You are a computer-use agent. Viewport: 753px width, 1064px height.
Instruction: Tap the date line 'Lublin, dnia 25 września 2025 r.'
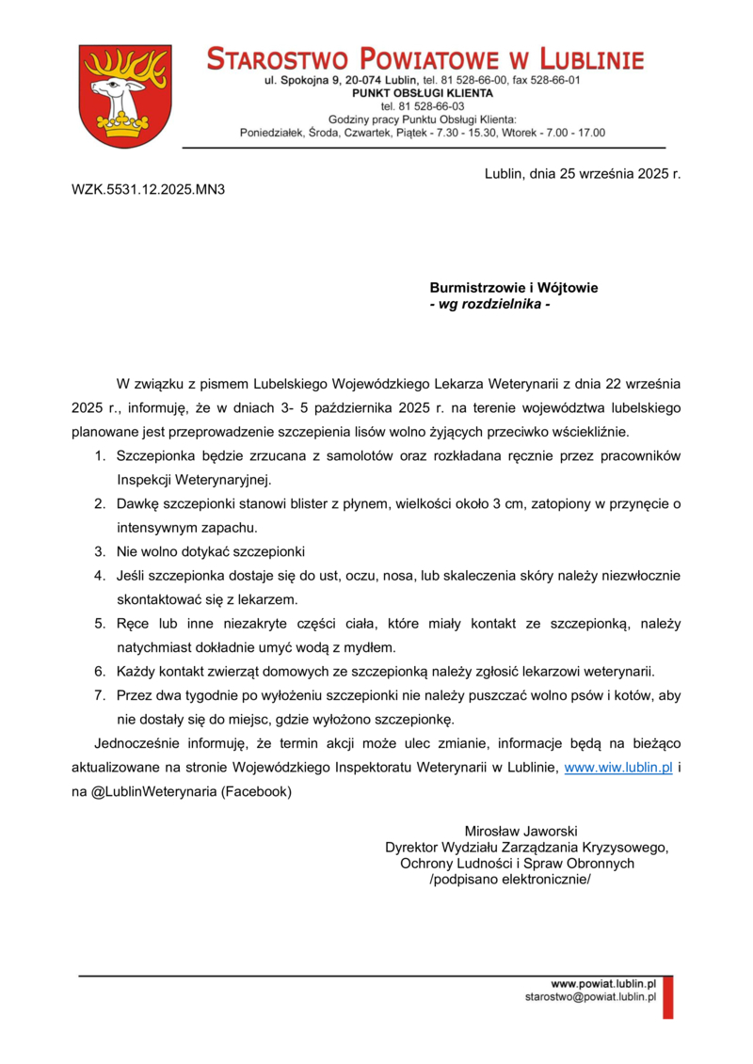(x=582, y=174)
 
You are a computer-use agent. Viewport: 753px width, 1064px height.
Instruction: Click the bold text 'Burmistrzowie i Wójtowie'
(x=514, y=288)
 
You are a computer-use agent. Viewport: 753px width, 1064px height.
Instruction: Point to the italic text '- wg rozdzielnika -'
(x=489, y=305)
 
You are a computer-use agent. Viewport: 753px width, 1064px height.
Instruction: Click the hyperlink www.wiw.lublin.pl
(x=617, y=768)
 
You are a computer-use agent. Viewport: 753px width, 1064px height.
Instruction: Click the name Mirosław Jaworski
(x=521, y=831)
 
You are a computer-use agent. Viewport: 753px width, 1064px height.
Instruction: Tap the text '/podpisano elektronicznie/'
(x=509, y=880)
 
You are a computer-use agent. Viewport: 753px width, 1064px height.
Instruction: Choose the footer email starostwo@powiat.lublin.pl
(x=590, y=996)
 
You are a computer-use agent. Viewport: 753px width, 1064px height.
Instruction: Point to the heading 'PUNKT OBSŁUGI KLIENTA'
(x=423, y=94)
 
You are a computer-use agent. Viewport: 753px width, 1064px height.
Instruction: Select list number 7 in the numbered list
(x=99, y=696)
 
